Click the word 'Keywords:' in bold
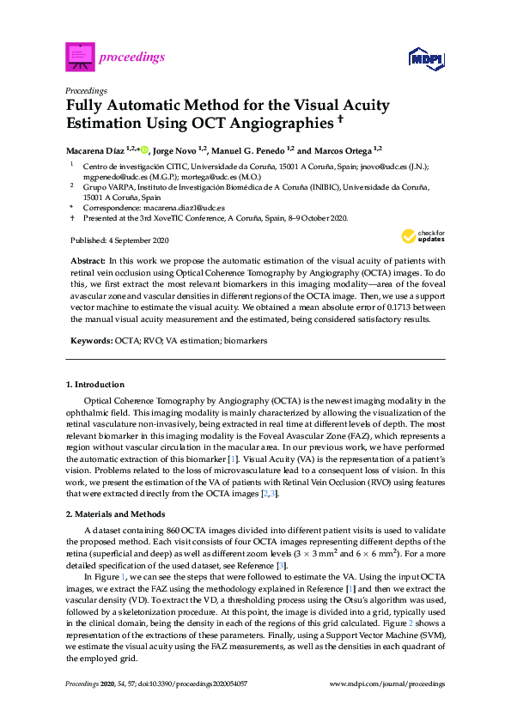click(x=89, y=341)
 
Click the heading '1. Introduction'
click(x=94, y=384)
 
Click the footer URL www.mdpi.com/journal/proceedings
click(x=387, y=684)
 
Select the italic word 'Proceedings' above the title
click(x=86, y=90)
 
